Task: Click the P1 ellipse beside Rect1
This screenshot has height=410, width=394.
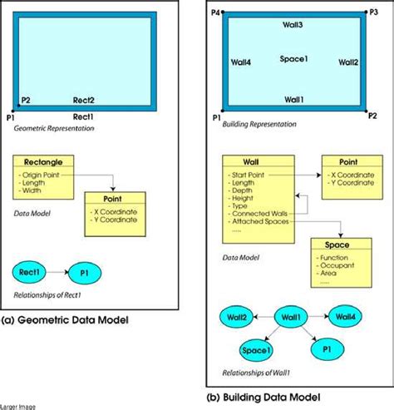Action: (84, 272)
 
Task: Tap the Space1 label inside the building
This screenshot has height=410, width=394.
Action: (293, 59)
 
